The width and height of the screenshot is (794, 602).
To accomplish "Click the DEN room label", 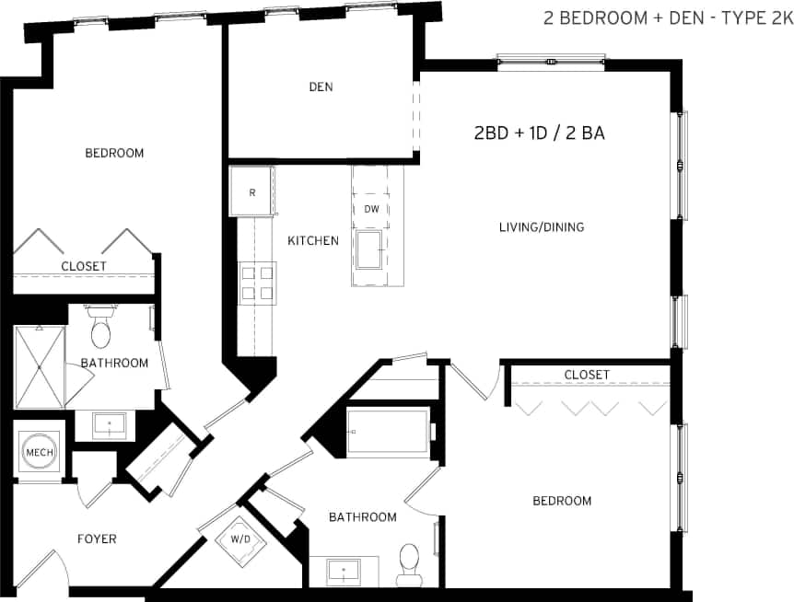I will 321,87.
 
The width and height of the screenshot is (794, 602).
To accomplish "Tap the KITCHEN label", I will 313,241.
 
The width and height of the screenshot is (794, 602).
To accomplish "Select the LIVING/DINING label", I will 542,227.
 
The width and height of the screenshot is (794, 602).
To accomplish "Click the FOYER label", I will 97,538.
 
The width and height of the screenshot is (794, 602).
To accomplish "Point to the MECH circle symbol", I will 39,453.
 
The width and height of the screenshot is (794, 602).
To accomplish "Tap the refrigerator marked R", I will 252,191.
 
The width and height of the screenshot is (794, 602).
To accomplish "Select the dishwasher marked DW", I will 372,209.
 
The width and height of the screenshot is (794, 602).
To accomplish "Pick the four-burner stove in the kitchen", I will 257,283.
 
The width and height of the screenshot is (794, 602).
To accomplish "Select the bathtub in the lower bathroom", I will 388,432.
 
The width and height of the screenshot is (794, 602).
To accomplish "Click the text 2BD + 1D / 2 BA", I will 539,133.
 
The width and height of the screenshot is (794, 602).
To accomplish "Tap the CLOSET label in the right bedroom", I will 587,375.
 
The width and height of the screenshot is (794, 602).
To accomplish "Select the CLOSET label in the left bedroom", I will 84,266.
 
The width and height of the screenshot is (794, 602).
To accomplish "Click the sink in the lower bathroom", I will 344,571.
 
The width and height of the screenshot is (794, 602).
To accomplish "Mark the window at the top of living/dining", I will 551,61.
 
